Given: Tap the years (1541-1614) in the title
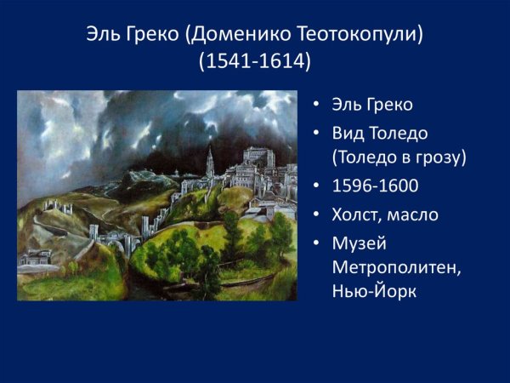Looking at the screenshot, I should click(x=255, y=63).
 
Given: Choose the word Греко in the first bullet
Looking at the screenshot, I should click(x=389, y=106).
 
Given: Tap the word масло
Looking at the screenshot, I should click(x=415, y=214).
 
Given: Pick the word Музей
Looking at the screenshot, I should click(x=360, y=243).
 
